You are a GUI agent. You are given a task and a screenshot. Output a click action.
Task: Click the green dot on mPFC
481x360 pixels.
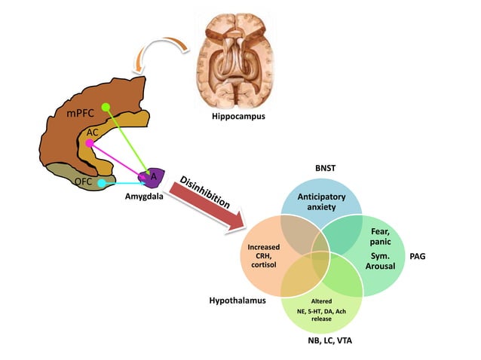(106, 108)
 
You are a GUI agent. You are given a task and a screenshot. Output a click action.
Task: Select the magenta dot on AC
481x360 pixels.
(89, 142)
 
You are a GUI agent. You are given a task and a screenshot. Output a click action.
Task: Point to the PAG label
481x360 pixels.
(439, 257)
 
